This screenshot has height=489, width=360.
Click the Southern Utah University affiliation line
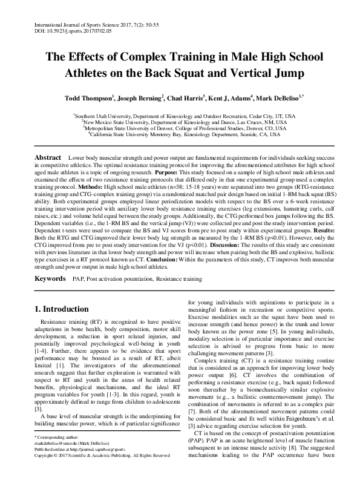[180, 115]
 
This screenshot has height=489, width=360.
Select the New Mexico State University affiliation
[180, 122]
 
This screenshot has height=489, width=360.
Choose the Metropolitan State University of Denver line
[180, 128]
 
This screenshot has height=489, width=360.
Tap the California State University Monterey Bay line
[180, 135]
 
